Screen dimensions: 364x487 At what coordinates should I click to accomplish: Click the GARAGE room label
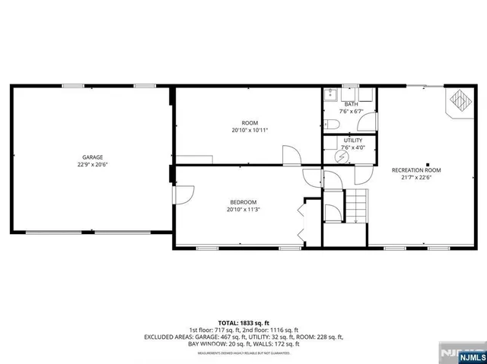93,157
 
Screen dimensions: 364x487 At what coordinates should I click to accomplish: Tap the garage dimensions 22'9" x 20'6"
93,164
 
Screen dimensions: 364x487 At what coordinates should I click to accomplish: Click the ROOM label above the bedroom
250,123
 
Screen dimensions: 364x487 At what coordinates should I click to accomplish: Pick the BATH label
351,104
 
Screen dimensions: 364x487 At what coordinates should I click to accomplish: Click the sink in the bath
330,95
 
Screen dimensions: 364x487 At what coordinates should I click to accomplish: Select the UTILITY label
352,141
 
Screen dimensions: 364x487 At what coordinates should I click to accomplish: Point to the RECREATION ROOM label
416,170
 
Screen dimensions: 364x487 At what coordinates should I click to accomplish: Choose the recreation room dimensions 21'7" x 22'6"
416,178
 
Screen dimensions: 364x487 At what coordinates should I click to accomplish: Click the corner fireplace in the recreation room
458,101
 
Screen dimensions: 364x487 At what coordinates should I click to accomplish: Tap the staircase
357,206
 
